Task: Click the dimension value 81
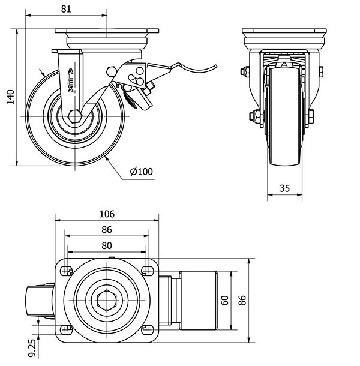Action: coord(66,10)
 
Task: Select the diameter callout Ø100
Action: coord(142,172)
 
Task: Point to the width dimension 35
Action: coord(285,188)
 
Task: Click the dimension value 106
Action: coord(106,214)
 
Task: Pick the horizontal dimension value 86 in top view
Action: coord(106,229)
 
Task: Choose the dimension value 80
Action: coord(106,244)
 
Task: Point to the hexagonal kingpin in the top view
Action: coord(107,299)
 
